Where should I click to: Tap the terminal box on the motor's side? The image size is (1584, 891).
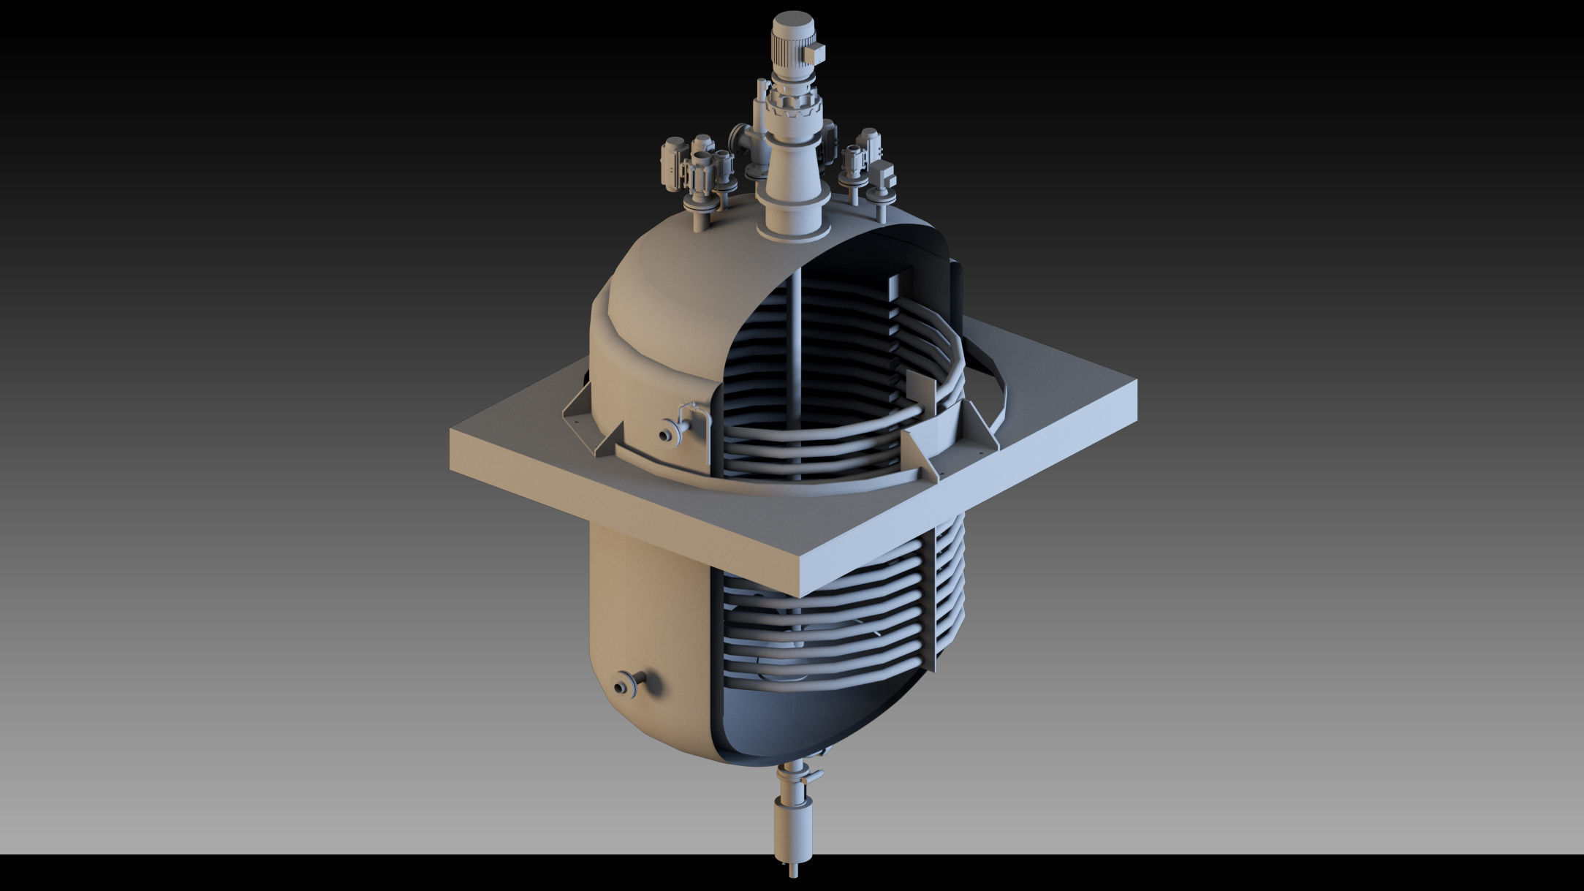coord(815,52)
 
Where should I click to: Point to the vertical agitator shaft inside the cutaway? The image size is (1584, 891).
coord(797,344)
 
